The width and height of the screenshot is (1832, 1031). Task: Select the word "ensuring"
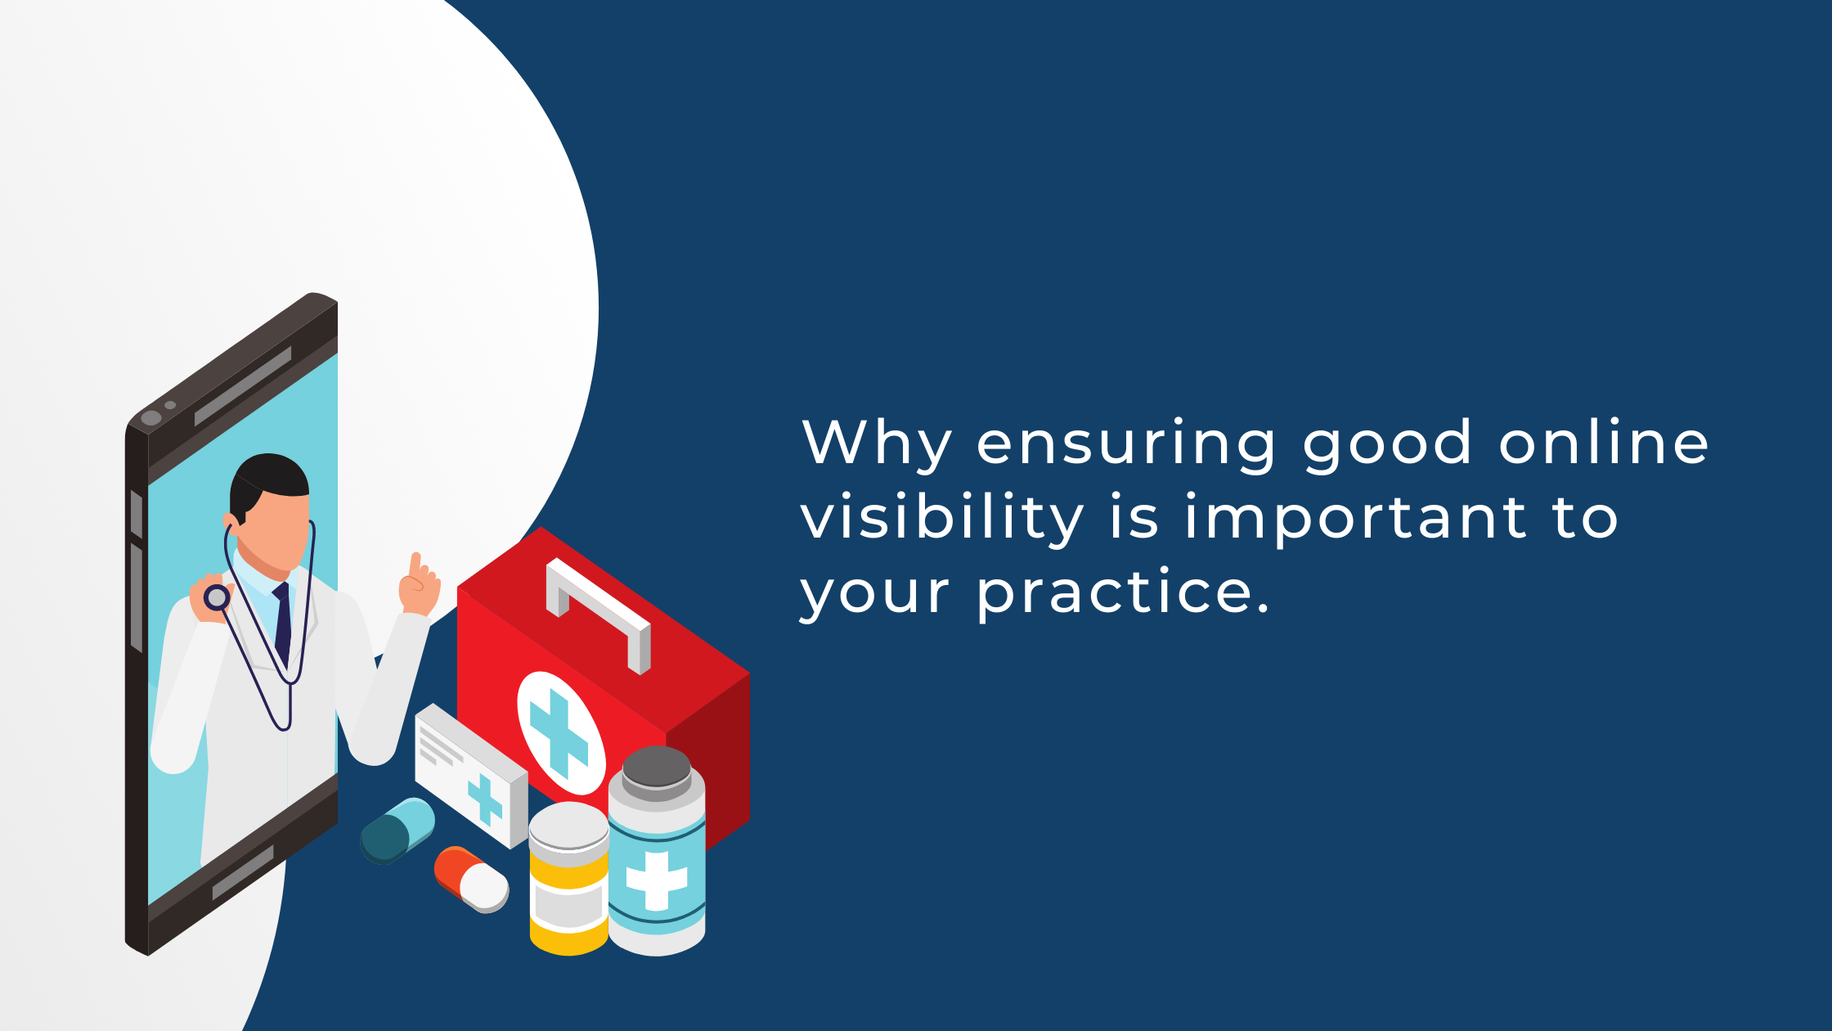coord(1126,444)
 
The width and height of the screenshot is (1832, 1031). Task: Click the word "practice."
coord(1124,592)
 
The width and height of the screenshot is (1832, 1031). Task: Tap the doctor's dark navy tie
coord(283,622)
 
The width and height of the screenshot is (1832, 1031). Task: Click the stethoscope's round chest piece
coord(217,597)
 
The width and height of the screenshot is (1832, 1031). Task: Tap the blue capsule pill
coord(397,830)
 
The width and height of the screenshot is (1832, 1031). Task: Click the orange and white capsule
coord(471,879)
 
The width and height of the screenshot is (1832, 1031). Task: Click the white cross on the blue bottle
coord(657,880)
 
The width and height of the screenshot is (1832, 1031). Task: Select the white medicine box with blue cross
coord(470,773)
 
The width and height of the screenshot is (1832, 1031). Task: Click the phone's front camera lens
coord(151,418)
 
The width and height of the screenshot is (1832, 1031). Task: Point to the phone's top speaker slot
coord(243,385)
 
